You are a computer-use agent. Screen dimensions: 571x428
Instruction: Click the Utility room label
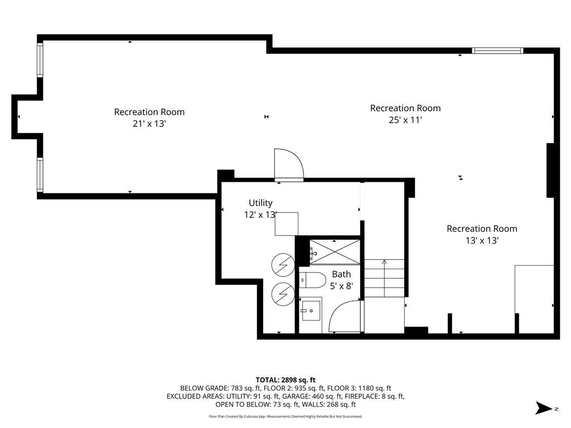[260, 203]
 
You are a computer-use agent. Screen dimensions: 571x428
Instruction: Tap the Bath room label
[341, 274]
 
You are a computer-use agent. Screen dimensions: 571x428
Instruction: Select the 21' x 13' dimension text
[149, 124]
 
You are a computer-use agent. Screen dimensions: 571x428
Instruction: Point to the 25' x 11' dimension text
[405, 120]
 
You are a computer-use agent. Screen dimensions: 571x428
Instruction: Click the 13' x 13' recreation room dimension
[482, 241]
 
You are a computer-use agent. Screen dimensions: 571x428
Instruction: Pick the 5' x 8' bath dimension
[342, 286]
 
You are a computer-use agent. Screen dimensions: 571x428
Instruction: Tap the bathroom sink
[310, 310]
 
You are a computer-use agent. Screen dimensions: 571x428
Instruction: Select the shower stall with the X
[335, 252]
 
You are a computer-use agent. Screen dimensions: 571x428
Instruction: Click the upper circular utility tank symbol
[283, 265]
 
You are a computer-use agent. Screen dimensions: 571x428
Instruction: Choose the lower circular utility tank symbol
[283, 294]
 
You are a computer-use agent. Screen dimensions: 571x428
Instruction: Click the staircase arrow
[384, 278]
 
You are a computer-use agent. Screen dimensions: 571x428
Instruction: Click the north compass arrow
[544, 408]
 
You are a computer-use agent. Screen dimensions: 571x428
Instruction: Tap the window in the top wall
[497, 51]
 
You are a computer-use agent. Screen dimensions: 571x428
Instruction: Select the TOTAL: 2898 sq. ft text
[285, 380]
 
